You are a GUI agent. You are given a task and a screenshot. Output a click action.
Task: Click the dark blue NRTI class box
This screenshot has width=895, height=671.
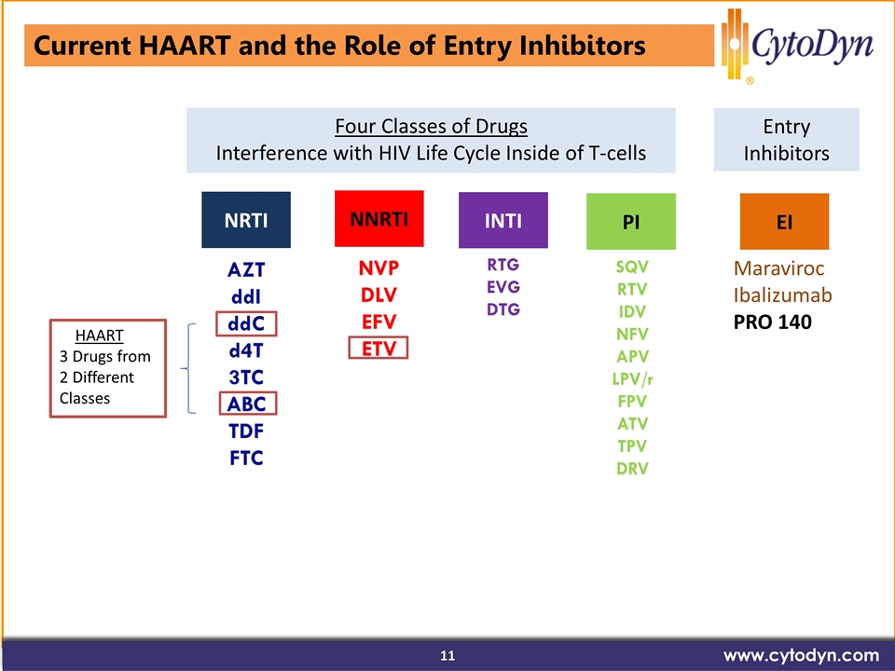(x=246, y=220)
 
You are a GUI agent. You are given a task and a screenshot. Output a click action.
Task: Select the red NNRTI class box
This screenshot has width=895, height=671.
(x=379, y=218)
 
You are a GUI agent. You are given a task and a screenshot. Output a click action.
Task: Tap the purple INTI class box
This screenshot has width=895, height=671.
(x=503, y=220)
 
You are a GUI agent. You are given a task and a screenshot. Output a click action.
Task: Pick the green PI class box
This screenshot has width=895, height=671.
(x=631, y=222)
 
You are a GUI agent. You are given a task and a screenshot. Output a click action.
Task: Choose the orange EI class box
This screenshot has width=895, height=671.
(x=784, y=222)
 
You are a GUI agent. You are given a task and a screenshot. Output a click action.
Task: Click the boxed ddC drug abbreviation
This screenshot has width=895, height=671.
(x=246, y=323)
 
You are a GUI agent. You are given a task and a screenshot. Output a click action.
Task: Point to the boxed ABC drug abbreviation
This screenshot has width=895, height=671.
(x=248, y=404)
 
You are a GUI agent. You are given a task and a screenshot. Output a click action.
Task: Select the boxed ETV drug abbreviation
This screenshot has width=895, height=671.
(x=379, y=348)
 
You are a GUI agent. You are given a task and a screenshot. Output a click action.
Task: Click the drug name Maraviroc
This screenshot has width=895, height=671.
(x=778, y=268)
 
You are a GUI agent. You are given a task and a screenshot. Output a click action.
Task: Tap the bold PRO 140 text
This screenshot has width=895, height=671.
(x=772, y=322)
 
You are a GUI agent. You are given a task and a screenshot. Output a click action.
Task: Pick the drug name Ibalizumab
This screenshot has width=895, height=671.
(x=782, y=295)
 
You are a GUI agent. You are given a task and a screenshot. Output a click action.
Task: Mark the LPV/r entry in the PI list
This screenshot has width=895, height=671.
(x=632, y=379)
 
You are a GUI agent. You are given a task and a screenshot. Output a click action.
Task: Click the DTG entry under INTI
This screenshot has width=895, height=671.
(x=503, y=309)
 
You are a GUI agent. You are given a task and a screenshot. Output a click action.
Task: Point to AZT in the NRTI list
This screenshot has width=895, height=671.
(x=246, y=269)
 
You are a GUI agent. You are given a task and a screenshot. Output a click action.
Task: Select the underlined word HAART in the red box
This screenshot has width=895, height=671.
(x=100, y=335)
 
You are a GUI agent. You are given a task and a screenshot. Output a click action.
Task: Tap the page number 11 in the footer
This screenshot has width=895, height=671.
(x=447, y=655)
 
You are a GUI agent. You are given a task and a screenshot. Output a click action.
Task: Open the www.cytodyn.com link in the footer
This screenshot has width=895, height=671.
(x=801, y=655)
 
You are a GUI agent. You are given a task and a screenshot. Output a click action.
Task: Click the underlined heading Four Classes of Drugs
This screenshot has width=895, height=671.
(x=431, y=126)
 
